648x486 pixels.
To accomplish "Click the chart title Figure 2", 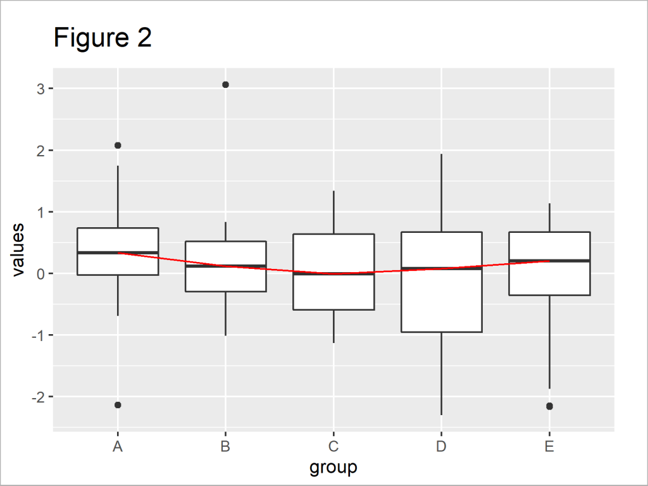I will coord(103,38).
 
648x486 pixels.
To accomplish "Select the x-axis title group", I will coord(333,468).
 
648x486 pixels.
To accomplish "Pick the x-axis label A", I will coord(117,447).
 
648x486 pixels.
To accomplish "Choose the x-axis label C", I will coord(333,447).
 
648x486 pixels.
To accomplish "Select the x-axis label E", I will coord(549,447).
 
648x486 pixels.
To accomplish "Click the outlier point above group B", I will coord(225,84).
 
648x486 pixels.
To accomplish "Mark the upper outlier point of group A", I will coord(118,146).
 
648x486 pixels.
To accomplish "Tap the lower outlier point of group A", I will coord(118,405).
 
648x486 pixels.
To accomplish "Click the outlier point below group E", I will coord(549,406).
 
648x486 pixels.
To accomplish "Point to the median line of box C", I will coord(333,274).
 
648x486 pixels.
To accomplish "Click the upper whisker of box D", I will coord(441,193).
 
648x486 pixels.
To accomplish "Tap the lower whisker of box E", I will coord(549,342).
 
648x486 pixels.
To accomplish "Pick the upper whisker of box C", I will coord(333,212).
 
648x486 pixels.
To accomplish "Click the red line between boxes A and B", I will coord(171,259).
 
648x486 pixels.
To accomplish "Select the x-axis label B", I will coord(225,447).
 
